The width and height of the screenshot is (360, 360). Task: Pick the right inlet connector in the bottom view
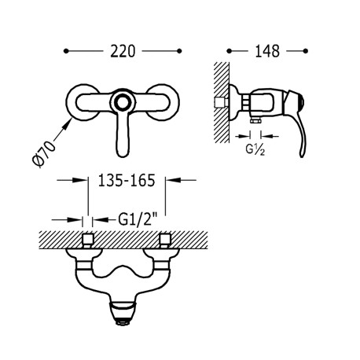(165, 241)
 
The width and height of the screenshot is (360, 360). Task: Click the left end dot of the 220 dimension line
(66, 51)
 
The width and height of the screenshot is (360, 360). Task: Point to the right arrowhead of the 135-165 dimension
(167, 180)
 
